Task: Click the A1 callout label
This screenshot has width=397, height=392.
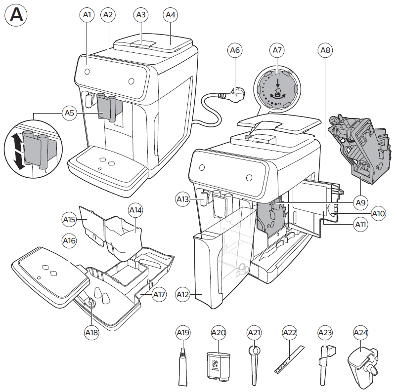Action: coord(87,15)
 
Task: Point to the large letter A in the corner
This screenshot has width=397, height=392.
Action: coord(16,15)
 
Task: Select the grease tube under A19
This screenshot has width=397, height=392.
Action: coord(183,368)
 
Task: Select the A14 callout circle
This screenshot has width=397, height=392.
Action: coord(135,210)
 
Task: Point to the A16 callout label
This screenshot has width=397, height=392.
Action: coord(69,241)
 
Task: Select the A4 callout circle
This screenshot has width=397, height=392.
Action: coord(171,15)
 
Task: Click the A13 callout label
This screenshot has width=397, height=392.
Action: coord(183,199)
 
